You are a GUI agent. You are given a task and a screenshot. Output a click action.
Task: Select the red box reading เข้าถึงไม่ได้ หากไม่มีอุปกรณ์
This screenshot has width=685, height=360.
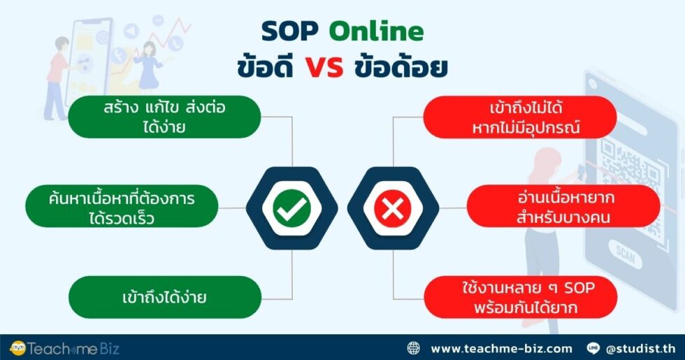[520, 117]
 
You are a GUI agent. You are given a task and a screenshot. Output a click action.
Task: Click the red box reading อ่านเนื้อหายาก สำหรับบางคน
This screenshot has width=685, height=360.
[563, 208]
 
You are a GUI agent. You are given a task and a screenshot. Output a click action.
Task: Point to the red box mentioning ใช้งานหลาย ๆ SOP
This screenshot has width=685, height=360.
[520, 296]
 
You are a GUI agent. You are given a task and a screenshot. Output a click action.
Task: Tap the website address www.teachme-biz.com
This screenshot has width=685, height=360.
[501, 348]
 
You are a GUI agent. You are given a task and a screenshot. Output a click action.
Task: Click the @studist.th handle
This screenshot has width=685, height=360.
[641, 348]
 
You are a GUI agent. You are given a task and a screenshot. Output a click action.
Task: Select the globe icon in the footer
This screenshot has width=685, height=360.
[414, 348]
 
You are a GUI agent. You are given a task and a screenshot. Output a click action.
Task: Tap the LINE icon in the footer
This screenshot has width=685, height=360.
[594, 348]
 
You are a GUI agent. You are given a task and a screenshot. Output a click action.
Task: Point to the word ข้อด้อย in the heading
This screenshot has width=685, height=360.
[401, 68]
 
